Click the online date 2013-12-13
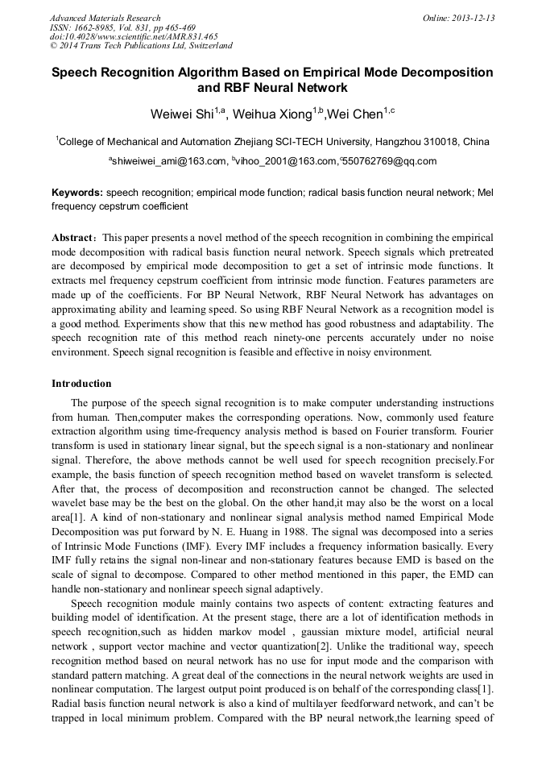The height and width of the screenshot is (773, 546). coord(472,18)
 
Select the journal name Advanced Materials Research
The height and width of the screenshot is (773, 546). coord(105,18)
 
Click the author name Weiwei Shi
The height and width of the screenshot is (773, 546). coord(179,114)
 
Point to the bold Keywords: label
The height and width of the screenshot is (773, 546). coord(77,193)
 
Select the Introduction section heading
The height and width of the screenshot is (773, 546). coord(81,383)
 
